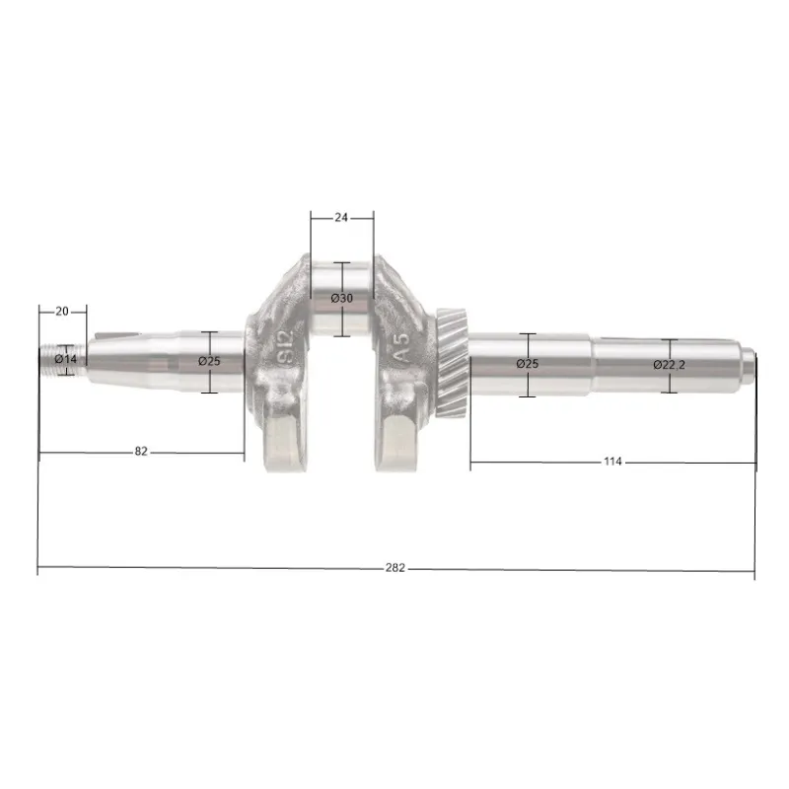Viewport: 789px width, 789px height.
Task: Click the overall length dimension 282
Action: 395,568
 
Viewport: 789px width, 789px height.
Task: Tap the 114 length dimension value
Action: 612,461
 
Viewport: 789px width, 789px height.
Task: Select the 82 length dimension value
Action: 141,452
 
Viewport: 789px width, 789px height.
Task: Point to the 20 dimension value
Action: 62,311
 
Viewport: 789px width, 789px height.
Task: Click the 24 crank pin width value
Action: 341,217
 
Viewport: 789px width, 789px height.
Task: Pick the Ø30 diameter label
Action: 342,298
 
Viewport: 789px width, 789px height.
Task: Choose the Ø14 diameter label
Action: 66,359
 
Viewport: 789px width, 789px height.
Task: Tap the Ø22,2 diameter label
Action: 670,365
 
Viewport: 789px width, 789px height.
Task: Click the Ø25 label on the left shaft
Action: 209,361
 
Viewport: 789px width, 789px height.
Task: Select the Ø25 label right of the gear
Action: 528,363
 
